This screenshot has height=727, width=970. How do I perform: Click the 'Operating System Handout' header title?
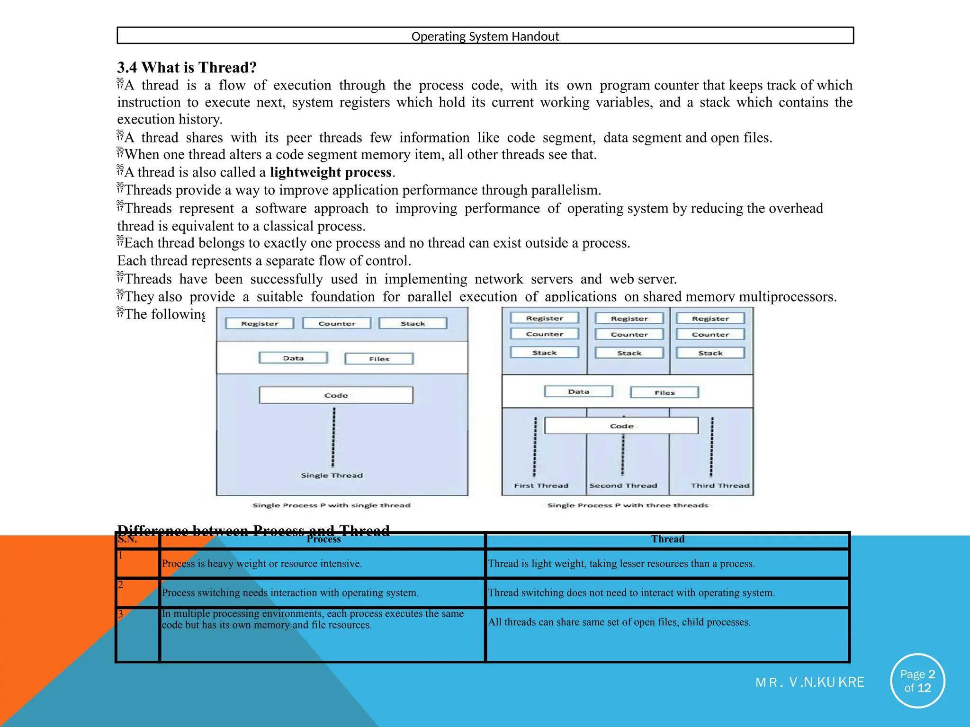(x=485, y=36)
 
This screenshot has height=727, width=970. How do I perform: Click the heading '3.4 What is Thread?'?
(x=187, y=68)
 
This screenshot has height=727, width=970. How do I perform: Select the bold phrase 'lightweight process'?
(x=331, y=172)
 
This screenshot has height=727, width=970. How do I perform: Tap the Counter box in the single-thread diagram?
(x=336, y=324)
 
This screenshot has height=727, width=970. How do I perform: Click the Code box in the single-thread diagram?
(x=336, y=395)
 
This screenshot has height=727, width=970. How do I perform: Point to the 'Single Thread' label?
(x=332, y=476)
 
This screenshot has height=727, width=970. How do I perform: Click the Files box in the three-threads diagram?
(x=664, y=393)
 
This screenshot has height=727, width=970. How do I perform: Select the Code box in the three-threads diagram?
(x=621, y=426)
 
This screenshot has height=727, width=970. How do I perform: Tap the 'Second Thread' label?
(x=623, y=486)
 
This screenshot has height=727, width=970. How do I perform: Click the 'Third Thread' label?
(x=719, y=486)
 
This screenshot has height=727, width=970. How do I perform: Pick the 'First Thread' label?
(x=541, y=486)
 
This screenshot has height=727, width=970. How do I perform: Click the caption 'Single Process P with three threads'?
(x=628, y=505)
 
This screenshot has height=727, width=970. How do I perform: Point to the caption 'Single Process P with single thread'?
(x=331, y=505)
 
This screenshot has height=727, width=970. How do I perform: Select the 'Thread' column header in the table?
(x=667, y=539)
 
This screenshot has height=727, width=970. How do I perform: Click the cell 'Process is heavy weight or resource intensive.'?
(x=262, y=564)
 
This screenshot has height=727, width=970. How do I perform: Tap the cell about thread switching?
(x=631, y=593)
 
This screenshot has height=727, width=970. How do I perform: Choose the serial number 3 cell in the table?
(x=137, y=634)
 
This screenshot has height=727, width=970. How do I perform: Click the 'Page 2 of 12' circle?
(x=917, y=681)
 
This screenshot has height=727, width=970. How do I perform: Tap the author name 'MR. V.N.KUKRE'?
(x=809, y=683)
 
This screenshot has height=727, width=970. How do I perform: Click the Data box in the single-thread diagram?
(x=293, y=358)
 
